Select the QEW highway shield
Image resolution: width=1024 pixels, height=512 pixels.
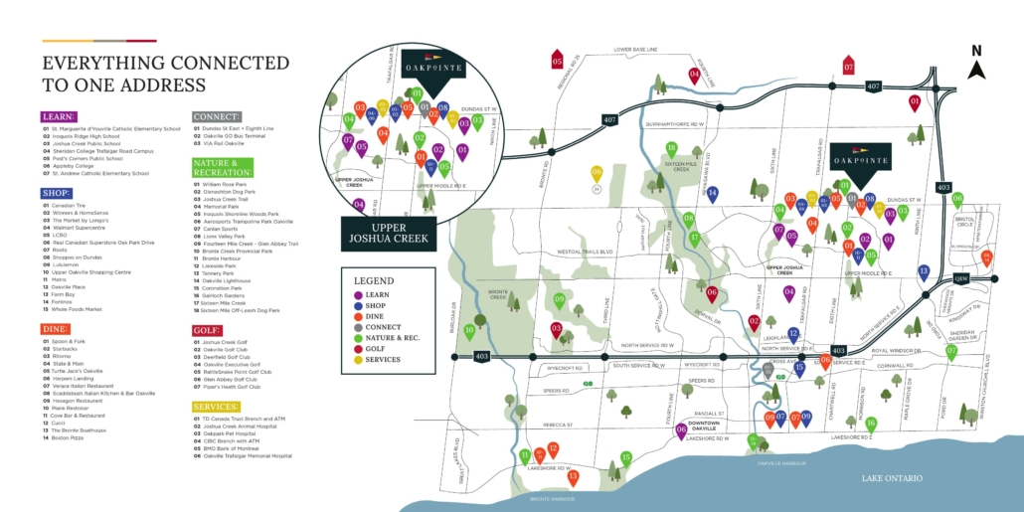pyautogui.click(x=961, y=278)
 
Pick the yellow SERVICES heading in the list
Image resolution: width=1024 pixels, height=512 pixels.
pyautogui.click(x=216, y=407)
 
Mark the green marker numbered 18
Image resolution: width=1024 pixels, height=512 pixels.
pyautogui.click(x=671, y=150)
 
